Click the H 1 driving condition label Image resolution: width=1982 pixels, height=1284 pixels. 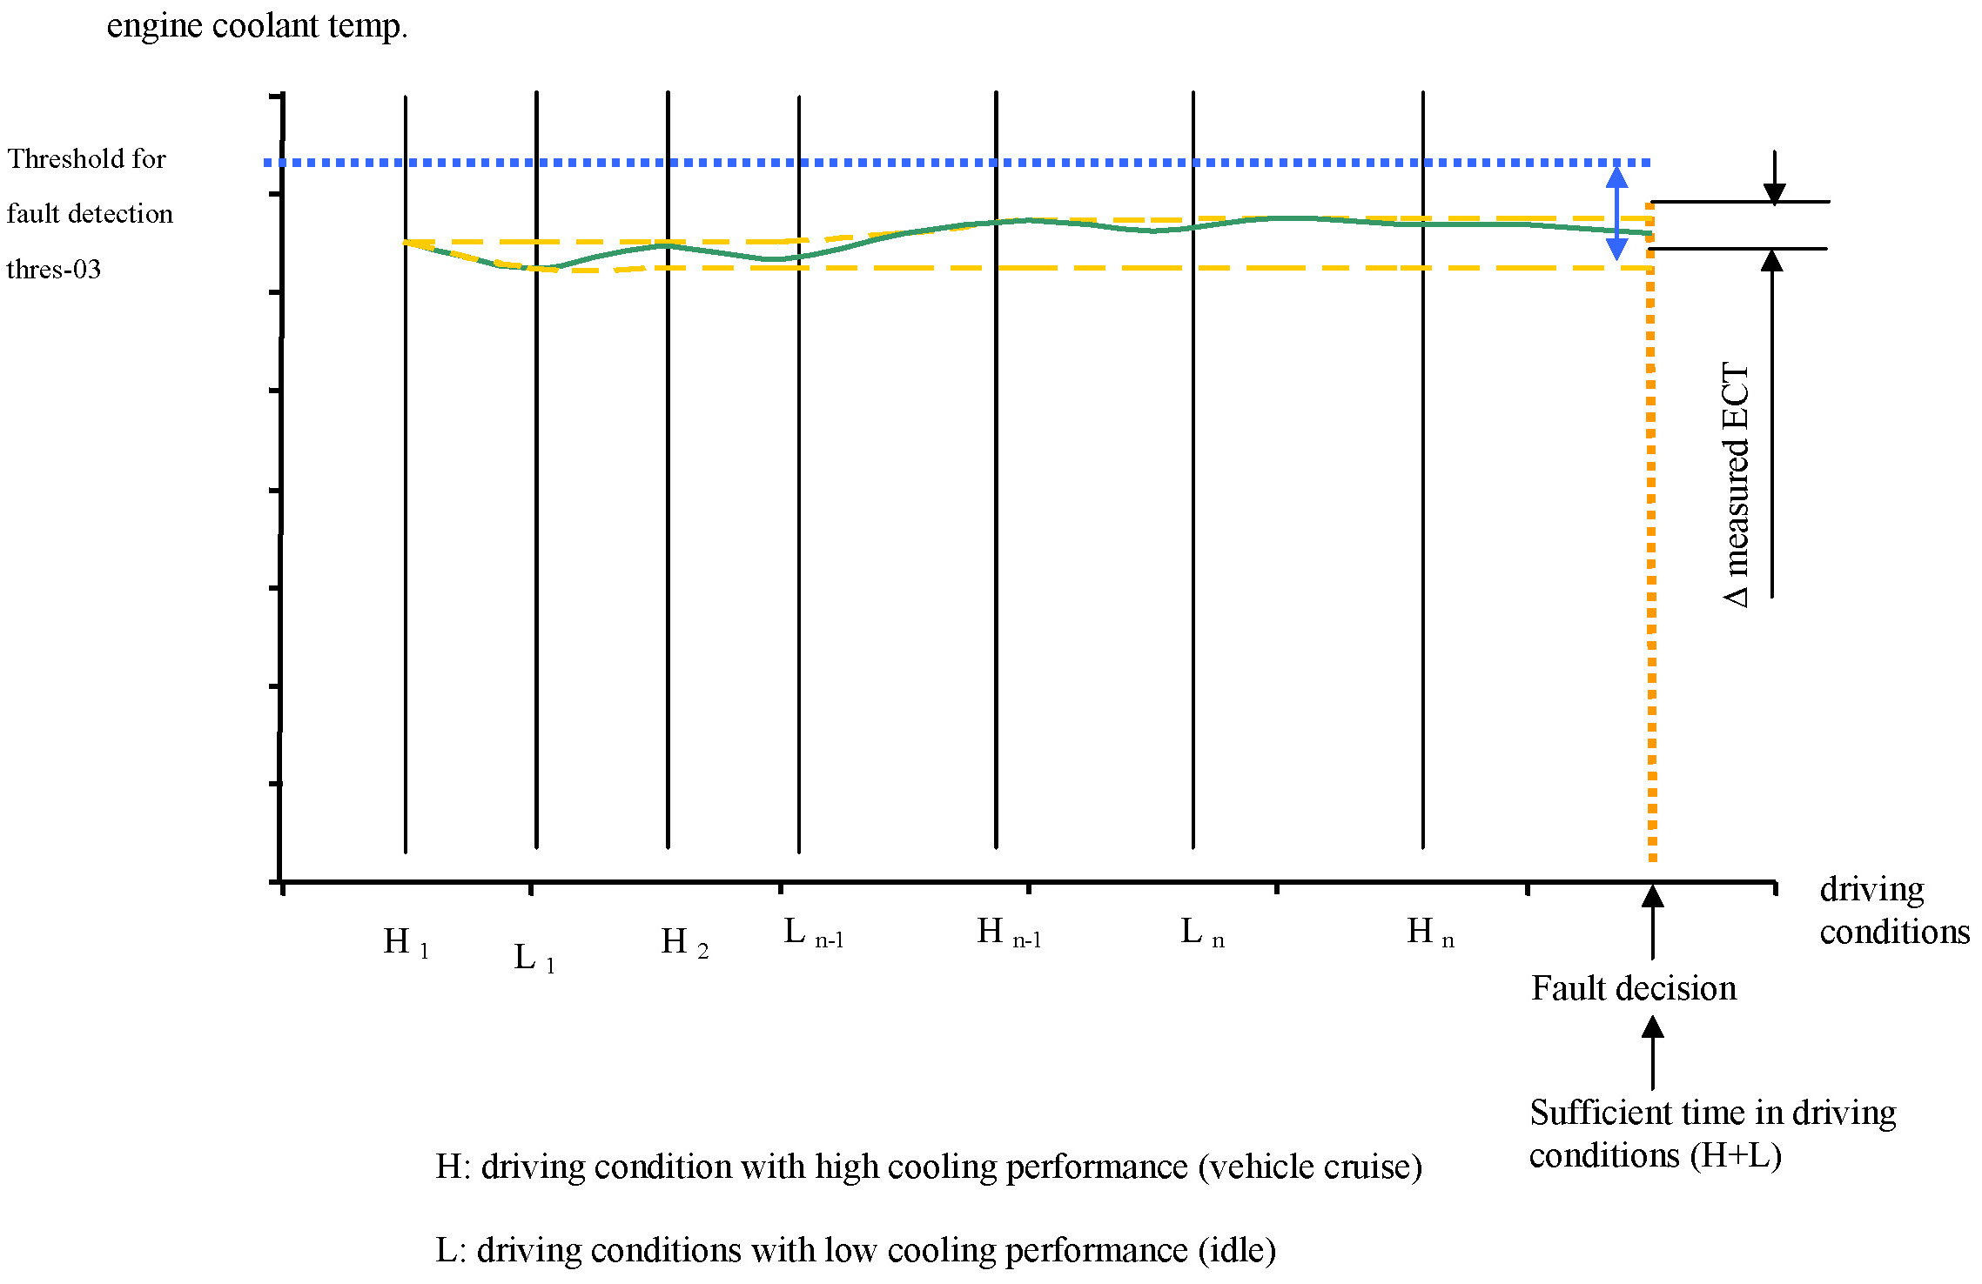pos(406,942)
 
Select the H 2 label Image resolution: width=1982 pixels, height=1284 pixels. pos(684,942)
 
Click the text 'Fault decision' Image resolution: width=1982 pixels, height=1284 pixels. pos(1633,988)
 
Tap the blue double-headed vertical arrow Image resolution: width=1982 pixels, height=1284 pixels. pos(1616,213)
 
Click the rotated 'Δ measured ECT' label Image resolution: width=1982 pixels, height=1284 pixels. pos(1736,484)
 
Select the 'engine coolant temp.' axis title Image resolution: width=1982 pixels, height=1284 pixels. pos(257,25)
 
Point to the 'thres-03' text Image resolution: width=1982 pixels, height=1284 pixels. pos(54,269)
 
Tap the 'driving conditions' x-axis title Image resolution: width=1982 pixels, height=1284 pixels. pos(1893,910)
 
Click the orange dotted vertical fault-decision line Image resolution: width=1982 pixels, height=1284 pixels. pos(1651,565)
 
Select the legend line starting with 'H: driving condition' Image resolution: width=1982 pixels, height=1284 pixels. pos(928,1167)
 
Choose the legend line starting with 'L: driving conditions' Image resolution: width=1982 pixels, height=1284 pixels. pos(855,1250)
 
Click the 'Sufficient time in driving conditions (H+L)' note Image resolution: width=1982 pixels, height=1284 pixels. pos(1711,1134)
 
